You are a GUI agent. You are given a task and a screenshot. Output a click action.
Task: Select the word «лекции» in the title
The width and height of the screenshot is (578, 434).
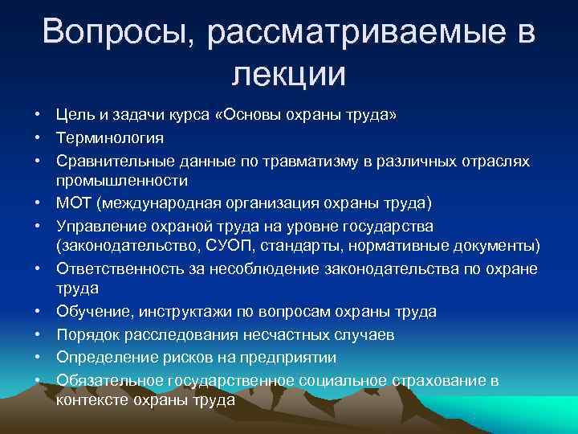point(289,74)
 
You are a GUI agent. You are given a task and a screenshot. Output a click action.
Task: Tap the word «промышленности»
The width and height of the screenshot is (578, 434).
point(122,181)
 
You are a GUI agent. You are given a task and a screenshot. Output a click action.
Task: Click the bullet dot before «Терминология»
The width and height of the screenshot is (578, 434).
point(38,139)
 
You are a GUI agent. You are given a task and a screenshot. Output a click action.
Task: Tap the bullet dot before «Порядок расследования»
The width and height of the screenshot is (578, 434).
point(38,334)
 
